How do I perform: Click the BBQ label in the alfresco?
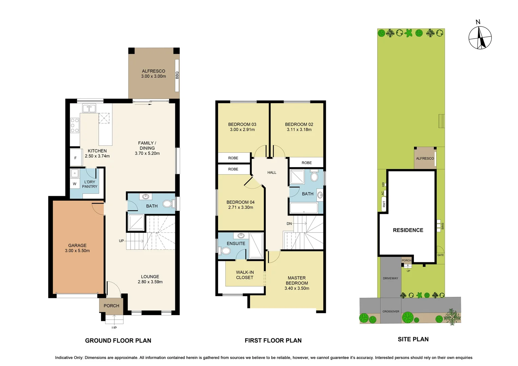tap(177, 75)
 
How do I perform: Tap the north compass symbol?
tap(480, 38)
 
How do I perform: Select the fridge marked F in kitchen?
tap(76, 158)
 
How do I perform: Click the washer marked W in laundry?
tap(75, 184)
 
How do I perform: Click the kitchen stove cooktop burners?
tap(75, 125)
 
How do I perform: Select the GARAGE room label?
tap(77, 245)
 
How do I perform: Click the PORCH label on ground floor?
tap(111, 306)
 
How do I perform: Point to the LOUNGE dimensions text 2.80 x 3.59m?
tap(150, 282)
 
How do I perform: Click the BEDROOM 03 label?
tap(242, 124)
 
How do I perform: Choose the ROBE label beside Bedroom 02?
tap(306, 163)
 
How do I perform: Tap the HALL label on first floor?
tap(272, 172)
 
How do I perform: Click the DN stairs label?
tap(289, 224)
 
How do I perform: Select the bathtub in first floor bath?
tap(304, 208)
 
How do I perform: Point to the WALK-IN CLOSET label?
tap(245, 275)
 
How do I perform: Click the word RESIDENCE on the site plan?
tap(408, 230)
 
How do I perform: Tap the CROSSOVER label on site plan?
tap(391, 311)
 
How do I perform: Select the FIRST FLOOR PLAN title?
tap(273, 341)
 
